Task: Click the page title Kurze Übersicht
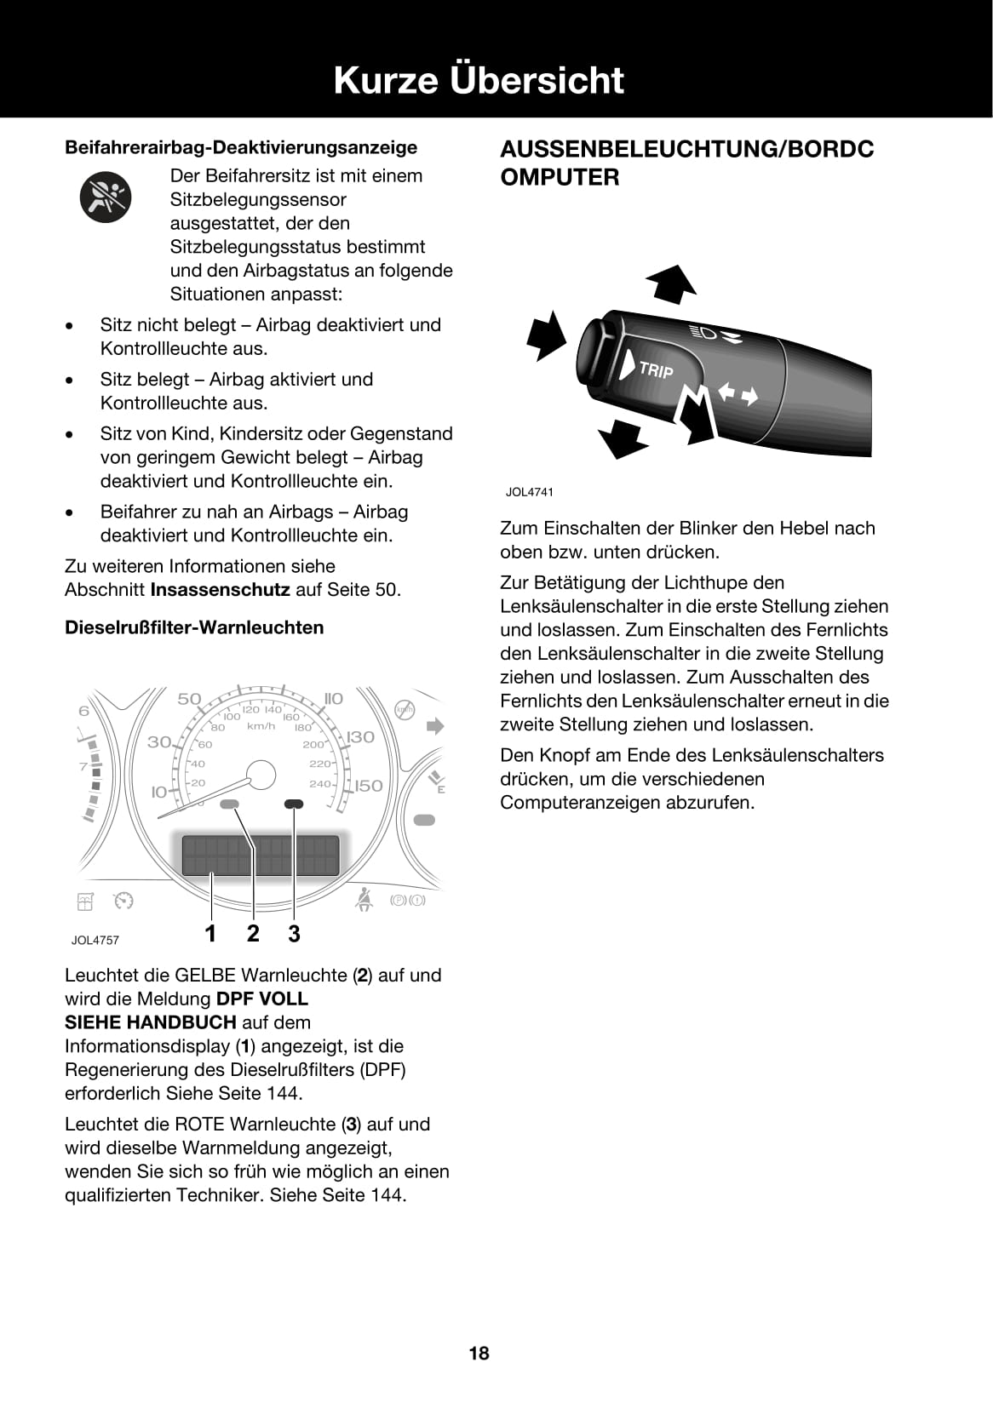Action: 479,79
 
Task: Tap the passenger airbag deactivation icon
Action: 106,197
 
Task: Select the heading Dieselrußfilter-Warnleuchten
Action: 194,627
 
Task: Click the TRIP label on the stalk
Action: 655,369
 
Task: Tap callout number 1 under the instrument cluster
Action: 210,934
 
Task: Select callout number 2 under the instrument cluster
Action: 253,934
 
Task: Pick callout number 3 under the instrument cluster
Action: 294,934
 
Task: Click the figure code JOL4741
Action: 529,492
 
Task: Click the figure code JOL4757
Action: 95,941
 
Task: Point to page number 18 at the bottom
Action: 479,1353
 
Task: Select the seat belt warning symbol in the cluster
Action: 364,900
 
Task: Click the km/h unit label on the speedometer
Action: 261,726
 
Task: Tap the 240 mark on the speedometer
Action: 319,783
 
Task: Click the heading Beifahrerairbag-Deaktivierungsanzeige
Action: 241,147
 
